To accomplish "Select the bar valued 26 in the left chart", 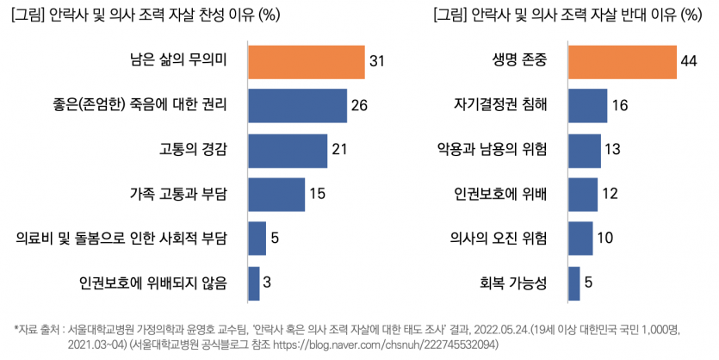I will click(297, 106).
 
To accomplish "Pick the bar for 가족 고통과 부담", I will click(276, 194).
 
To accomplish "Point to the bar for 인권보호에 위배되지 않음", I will click(254, 282).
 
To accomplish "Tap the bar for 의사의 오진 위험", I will click(580, 238).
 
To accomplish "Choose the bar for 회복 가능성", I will click(574, 282).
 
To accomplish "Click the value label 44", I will click(688, 62).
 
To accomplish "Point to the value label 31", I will click(376, 62).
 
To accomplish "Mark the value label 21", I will click(339, 150).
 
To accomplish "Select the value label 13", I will click(613, 150).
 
